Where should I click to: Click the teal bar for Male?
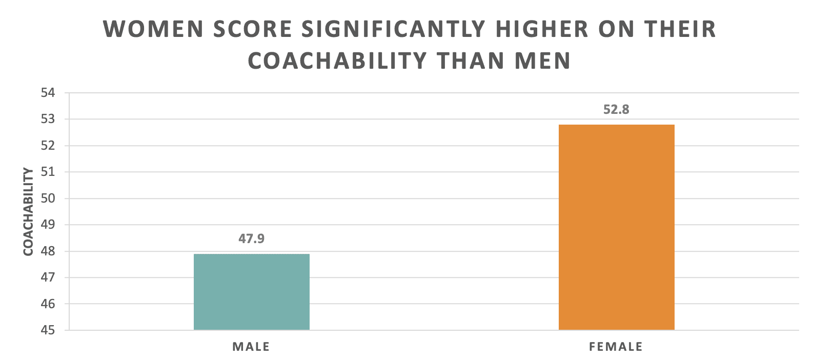pyautogui.click(x=251, y=292)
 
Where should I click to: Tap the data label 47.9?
pyautogui.click(x=251, y=238)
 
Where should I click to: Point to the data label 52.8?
pyautogui.click(x=616, y=109)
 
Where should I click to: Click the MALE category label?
pyautogui.click(x=251, y=347)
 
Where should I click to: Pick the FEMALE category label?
pyautogui.click(x=616, y=347)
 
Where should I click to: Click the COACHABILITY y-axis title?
pyautogui.click(x=28, y=211)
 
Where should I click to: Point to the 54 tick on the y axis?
pyautogui.click(x=48, y=93)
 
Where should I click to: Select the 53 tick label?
pyautogui.click(x=48, y=119)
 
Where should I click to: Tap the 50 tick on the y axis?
pyautogui.click(x=48, y=198)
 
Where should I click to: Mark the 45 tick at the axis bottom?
pyautogui.click(x=48, y=330)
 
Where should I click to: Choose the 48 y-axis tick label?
pyautogui.click(x=48, y=251)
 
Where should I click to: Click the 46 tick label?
pyautogui.click(x=48, y=304)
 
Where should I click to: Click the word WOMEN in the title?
pyautogui.click(x=154, y=29)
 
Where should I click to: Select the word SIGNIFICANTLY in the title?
pyautogui.click(x=393, y=29)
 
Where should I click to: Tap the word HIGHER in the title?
pyautogui.click(x=542, y=29)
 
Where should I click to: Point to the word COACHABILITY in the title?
pyautogui.click(x=337, y=61)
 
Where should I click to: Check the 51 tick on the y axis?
pyautogui.click(x=48, y=172)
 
